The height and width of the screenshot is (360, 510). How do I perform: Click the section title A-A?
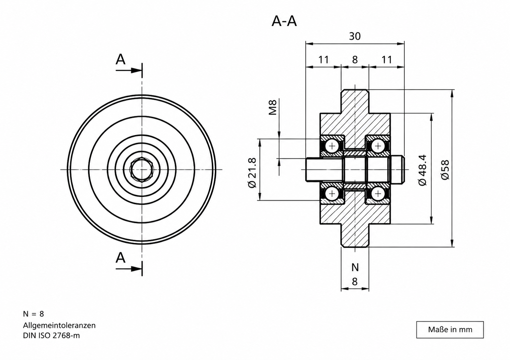coord(284,22)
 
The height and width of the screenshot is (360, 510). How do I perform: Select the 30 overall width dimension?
coord(355,36)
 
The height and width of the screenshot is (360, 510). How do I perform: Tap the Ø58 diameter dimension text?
coord(445,170)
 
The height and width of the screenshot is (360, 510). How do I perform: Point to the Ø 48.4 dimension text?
coord(422,170)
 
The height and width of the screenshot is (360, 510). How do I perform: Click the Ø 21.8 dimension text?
coord(252,172)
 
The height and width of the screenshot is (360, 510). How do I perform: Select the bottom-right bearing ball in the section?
coord(378,194)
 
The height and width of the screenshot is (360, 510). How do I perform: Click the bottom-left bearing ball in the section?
coord(332,194)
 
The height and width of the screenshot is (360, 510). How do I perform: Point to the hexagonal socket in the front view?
coord(142,170)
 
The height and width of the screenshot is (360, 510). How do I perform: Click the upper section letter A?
coord(121,59)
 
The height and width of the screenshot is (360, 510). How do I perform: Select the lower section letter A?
coord(121,258)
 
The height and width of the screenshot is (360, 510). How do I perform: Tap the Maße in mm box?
coord(450,330)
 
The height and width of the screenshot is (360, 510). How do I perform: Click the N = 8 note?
coord(33,314)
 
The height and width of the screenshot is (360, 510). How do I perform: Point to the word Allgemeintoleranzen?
coord(59,325)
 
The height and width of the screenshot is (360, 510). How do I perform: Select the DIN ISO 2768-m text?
coord(52,336)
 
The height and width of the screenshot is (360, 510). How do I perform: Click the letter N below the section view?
coord(355,267)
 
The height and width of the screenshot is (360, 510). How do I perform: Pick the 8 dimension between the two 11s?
coord(355,60)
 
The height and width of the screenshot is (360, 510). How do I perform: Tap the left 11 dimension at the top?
coord(323,60)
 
